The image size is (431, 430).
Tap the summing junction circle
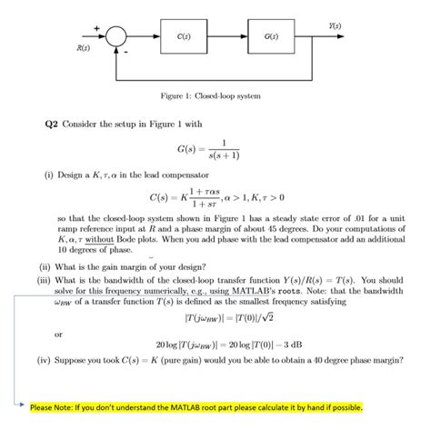tap(115, 37)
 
